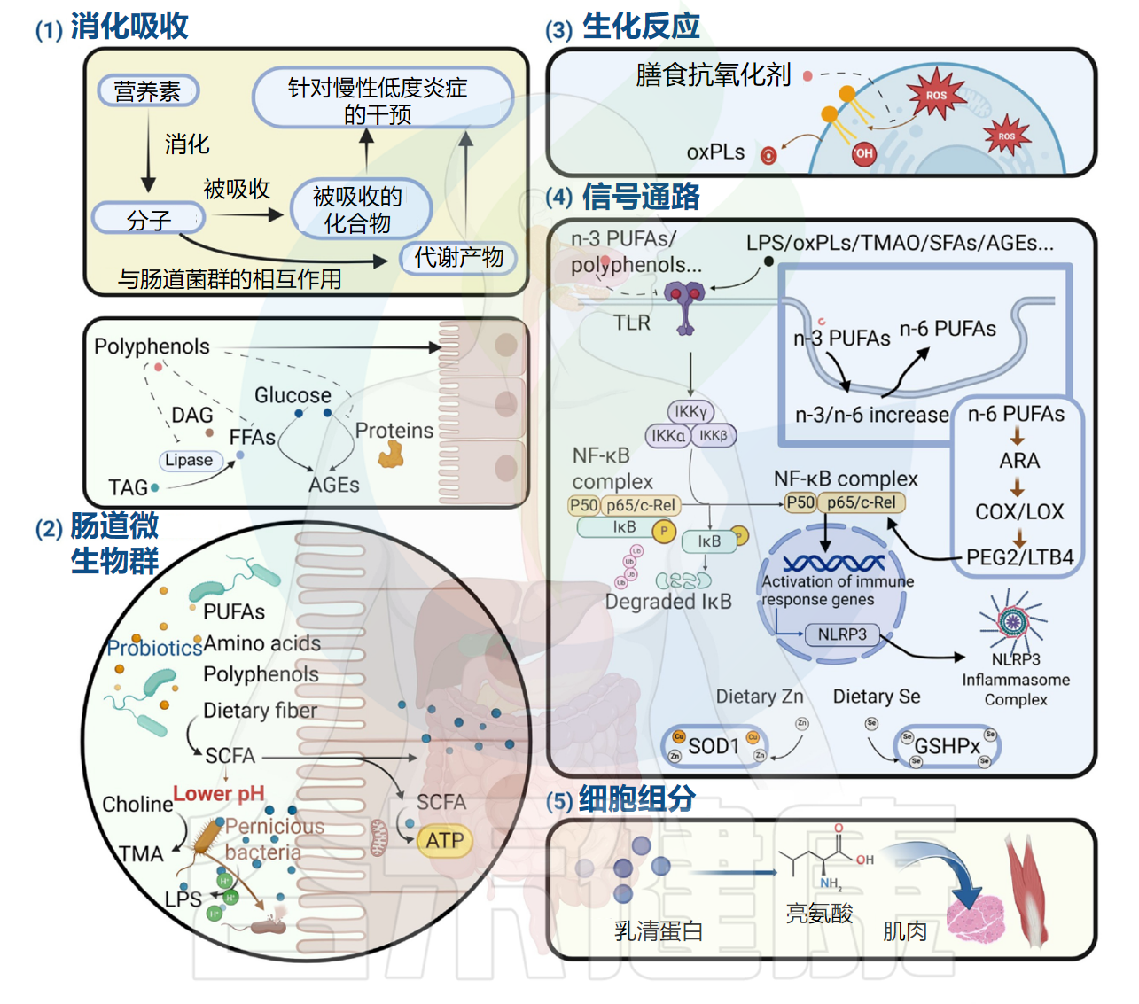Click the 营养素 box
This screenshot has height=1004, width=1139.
pyautogui.click(x=147, y=90)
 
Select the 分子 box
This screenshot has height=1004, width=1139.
pyautogui.click(x=148, y=219)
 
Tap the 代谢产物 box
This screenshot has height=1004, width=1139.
pyautogui.click(x=458, y=258)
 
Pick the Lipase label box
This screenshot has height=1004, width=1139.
pyautogui.click(x=189, y=460)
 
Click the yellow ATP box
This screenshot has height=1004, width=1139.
pyautogui.click(x=444, y=840)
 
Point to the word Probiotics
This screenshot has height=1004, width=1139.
pyautogui.click(x=154, y=648)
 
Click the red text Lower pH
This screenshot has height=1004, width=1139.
pyautogui.click(x=218, y=793)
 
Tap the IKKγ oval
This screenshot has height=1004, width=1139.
pyautogui.click(x=690, y=411)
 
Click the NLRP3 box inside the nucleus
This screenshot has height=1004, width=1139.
pyautogui.click(x=841, y=634)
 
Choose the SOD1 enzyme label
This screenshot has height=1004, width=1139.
pyautogui.click(x=714, y=746)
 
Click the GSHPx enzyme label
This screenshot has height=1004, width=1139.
pyautogui.click(x=947, y=746)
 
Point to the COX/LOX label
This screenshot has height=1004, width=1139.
pyautogui.click(x=1019, y=511)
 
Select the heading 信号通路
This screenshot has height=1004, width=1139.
pyautogui.click(x=641, y=197)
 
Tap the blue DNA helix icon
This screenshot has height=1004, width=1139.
pyautogui.click(x=833, y=563)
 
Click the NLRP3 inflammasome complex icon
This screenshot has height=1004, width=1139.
pyautogui.click(x=1013, y=620)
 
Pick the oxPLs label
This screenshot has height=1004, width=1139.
pyautogui.click(x=715, y=152)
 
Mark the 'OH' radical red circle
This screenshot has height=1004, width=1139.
pyautogui.click(x=862, y=153)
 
